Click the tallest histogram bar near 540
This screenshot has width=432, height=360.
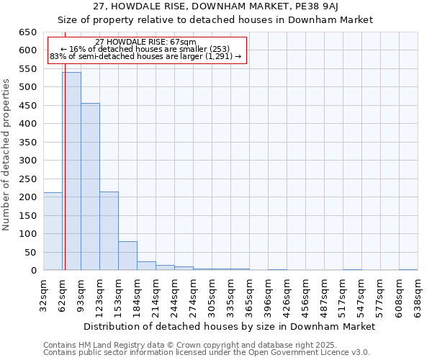pyautogui.click(x=71, y=171)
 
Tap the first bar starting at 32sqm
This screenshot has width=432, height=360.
pyautogui.click(x=53, y=231)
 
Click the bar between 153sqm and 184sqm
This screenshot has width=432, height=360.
pyautogui.click(x=127, y=256)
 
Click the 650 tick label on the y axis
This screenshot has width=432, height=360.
pyautogui.click(x=27, y=32)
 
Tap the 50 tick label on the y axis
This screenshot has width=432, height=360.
pyautogui.click(x=30, y=252)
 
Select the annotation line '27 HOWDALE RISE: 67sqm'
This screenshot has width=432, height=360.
pyautogui.click(x=145, y=42)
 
